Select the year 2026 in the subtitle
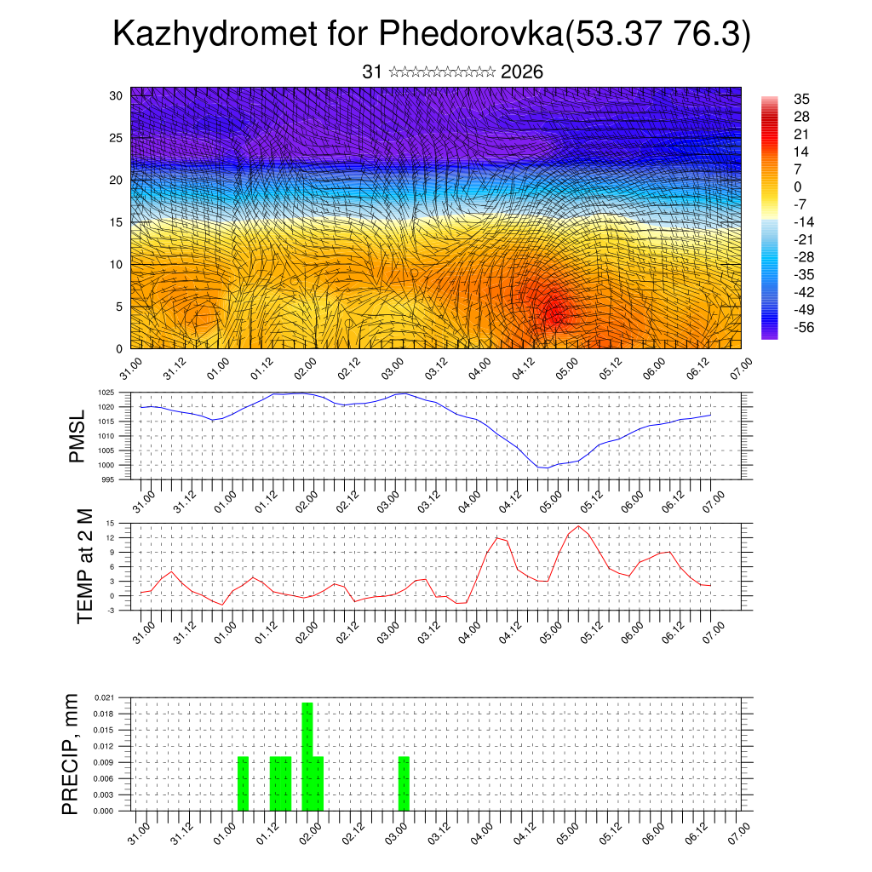(x=522, y=72)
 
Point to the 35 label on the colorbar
(x=800, y=99)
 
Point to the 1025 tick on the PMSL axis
(x=106, y=393)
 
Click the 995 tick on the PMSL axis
(x=108, y=479)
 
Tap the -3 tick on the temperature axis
(x=110, y=610)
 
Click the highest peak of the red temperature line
(x=579, y=526)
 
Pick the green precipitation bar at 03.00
(x=404, y=783)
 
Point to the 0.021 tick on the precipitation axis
(x=103, y=697)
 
